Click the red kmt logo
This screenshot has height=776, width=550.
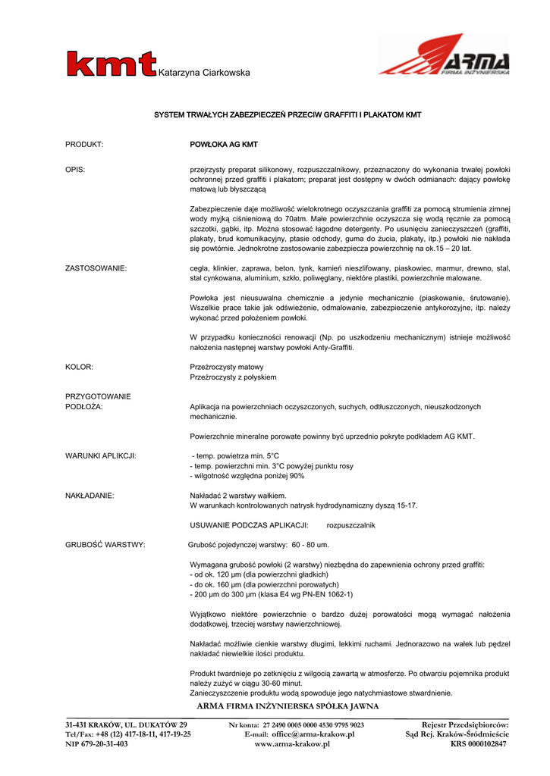pos(111,64)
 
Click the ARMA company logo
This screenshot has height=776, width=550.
pos(443,55)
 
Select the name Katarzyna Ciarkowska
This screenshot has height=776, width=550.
pos(203,73)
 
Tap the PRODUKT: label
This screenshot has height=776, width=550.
pos(84,144)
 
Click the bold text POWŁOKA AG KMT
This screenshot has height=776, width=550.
pos(224,144)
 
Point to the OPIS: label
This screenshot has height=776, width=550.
pos(75,169)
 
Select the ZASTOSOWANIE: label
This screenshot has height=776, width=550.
pos(96,268)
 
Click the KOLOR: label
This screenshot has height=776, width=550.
pos(80,367)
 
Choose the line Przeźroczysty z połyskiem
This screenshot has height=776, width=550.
pos(233,377)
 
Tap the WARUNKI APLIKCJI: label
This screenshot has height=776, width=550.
pos(101,456)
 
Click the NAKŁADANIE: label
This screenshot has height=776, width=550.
pos(90,496)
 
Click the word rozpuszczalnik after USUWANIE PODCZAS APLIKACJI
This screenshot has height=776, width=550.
pos(351,525)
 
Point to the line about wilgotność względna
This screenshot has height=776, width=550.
pos(247,476)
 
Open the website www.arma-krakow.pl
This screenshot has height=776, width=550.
pos(292,744)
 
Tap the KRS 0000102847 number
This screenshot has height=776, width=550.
pos(478,744)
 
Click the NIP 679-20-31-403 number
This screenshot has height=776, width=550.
pos(96,744)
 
